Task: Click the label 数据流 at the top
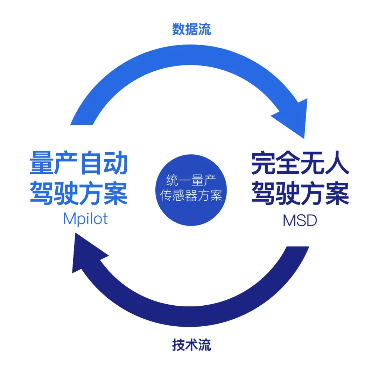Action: tap(191, 29)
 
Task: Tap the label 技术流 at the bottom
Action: tap(191, 345)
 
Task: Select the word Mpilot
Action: tap(85, 219)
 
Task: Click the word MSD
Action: tap(300, 220)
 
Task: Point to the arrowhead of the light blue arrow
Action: tap(304, 138)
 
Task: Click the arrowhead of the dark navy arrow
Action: tap(75, 233)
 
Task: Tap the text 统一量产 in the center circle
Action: tap(191, 180)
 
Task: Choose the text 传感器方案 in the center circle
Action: tap(191, 195)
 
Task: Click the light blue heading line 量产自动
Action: tap(79, 163)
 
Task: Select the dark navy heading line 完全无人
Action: tap(300, 163)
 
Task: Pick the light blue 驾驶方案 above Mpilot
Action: tap(79, 193)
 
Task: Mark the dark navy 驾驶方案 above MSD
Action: tap(300, 193)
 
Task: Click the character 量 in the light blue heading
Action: tap(42, 163)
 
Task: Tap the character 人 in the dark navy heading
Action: tap(337, 163)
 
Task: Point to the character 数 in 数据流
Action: tap(178, 29)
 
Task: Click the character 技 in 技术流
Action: tap(178, 345)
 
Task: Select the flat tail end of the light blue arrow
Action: tap(82, 125)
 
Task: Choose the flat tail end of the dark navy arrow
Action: tap(297, 246)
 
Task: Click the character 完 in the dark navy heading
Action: tap(263, 163)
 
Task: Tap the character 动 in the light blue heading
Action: tap(116, 163)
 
